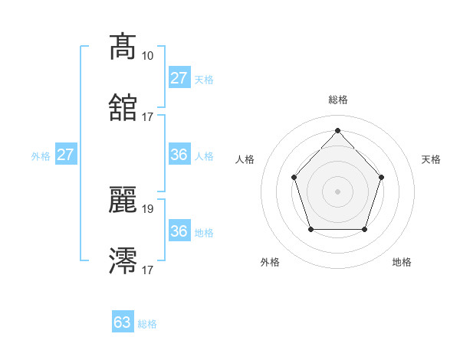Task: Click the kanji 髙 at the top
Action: pyautogui.click(x=123, y=47)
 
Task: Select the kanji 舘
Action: pyautogui.click(x=123, y=108)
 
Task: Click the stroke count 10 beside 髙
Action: pyautogui.click(x=147, y=56)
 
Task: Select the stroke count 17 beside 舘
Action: pyautogui.click(x=147, y=117)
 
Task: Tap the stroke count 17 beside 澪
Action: pyautogui.click(x=147, y=270)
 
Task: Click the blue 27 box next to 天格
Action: pyautogui.click(x=179, y=78)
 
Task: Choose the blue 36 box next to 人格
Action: pyautogui.click(x=179, y=155)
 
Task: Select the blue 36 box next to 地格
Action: pyautogui.click(x=179, y=231)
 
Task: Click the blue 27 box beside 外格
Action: pyautogui.click(x=66, y=155)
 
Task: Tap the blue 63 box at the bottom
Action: pyautogui.click(x=123, y=322)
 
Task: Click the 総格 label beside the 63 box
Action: pyautogui.click(x=147, y=324)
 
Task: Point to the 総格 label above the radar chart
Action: pyautogui.click(x=337, y=100)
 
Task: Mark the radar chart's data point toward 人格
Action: pyautogui.click(x=294, y=177)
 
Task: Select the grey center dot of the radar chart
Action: pyautogui.click(x=337, y=191)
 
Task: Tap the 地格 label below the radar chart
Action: pyautogui.click(x=402, y=263)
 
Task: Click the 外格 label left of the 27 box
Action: pyautogui.click(x=41, y=156)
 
